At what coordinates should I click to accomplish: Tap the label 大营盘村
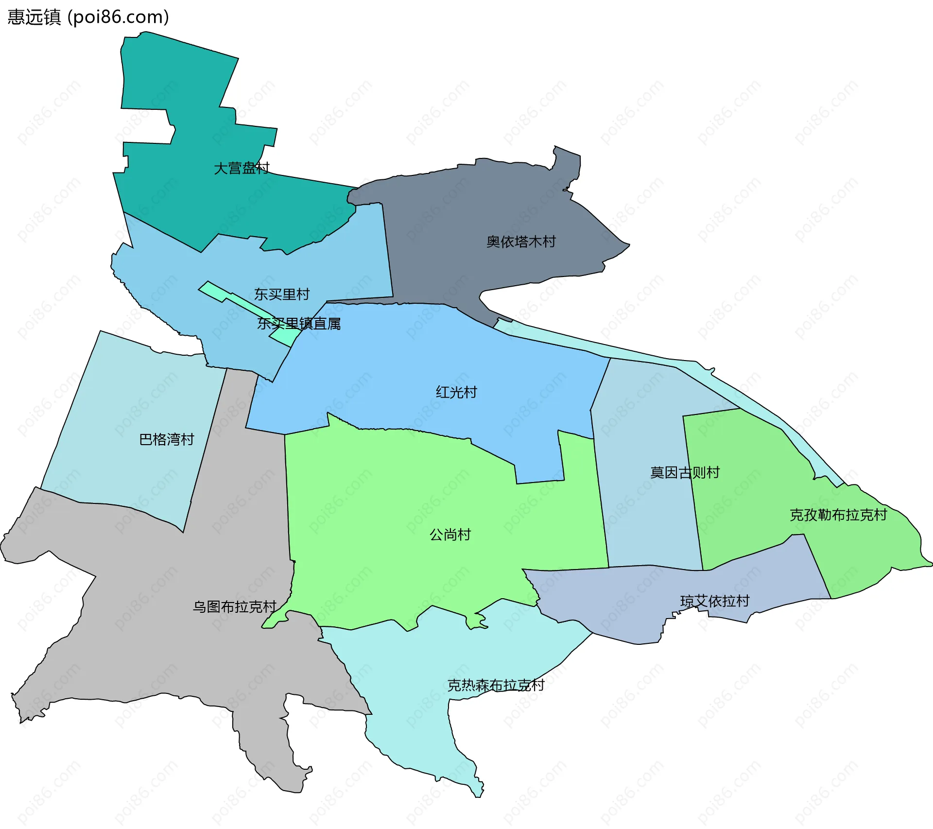(x=242, y=168)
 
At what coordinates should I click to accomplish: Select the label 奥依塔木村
(x=521, y=242)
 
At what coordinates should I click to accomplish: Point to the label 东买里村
(x=282, y=294)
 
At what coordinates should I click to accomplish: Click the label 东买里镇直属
(x=299, y=324)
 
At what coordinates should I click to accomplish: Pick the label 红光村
(x=456, y=392)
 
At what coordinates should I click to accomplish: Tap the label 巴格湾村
(x=167, y=439)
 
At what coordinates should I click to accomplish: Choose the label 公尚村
(x=450, y=535)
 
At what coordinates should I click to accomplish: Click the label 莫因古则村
(x=685, y=472)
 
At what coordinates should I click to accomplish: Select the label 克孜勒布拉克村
(x=838, y=515)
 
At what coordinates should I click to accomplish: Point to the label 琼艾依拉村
(x=715, y=601)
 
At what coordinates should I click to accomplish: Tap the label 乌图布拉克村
(x=235, y=606)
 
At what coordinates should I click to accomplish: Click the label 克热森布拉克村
(x=496, y=685)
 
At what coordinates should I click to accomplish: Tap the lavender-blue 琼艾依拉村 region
(x=632, y=607)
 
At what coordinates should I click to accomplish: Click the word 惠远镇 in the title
(x=34, y=17)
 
